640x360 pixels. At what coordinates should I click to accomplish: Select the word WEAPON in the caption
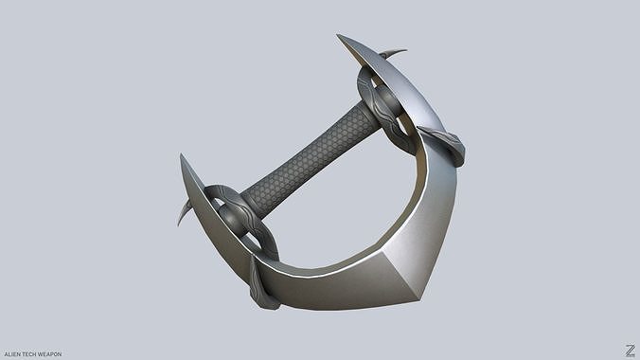pyautogui.click(x=49, y=354)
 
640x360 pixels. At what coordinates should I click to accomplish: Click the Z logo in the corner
pyautogui.click(x=630, y=351)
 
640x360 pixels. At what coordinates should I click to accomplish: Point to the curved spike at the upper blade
pyautogui.click(x=394, y=53)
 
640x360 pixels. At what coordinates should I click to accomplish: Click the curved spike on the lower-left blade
pyautogui.click(x=183, y=213)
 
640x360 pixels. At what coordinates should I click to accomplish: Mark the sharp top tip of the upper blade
pyautogui.click(x=339, y=37)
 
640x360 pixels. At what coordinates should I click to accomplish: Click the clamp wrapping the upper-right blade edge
pyautogui.click(x=445, y=144)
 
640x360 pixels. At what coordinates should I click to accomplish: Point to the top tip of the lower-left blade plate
pyautogui.click(x=182, y=156)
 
